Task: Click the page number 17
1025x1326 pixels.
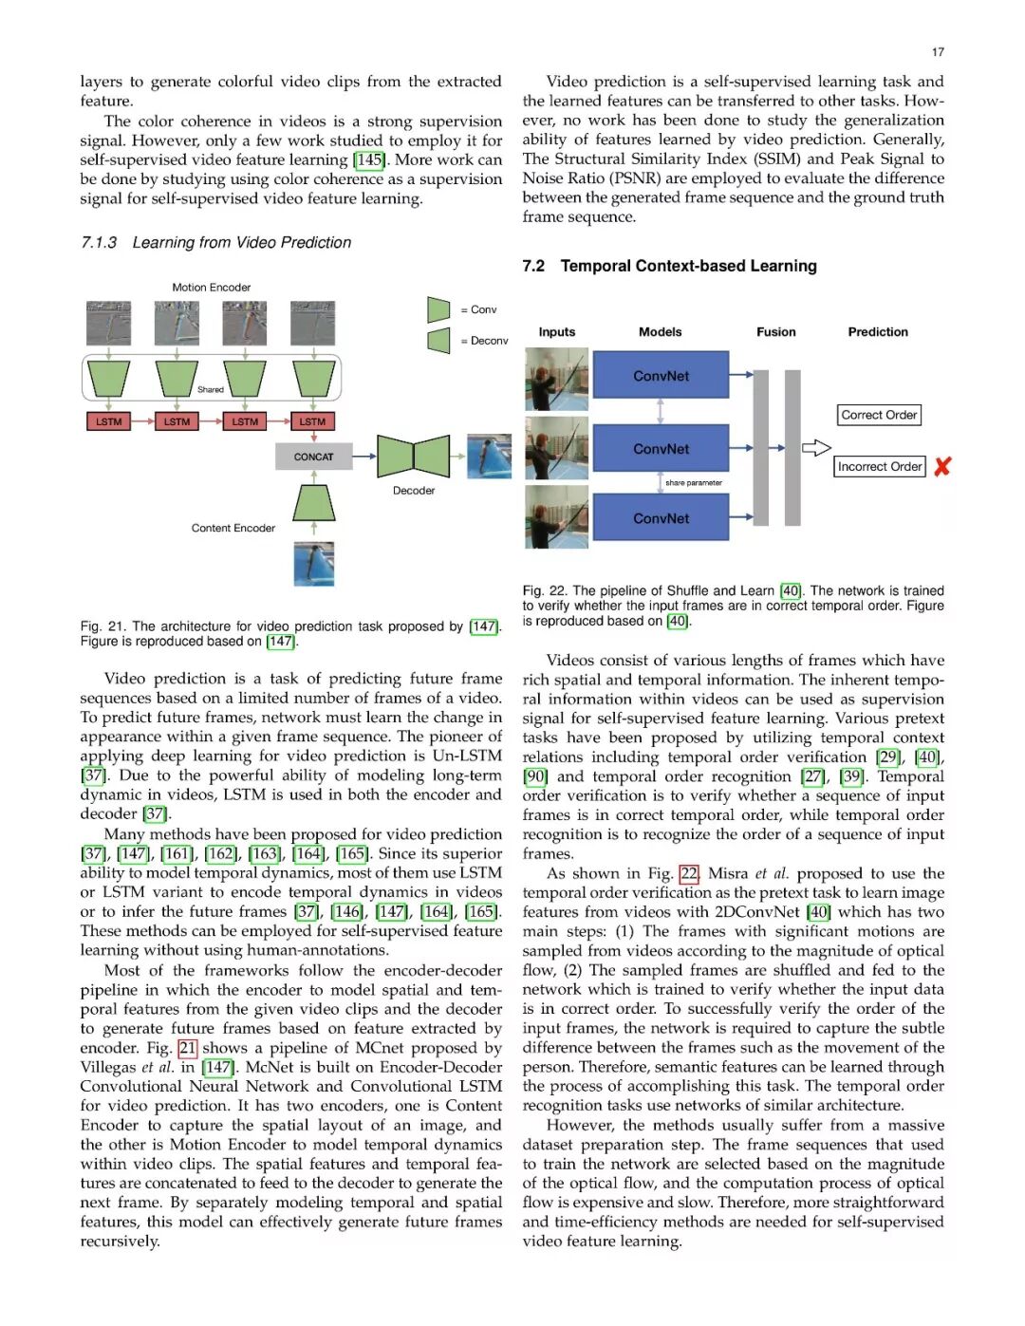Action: click(938, 52)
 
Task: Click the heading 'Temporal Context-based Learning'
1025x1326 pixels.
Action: click(688, 266)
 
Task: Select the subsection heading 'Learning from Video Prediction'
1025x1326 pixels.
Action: click(241, 243)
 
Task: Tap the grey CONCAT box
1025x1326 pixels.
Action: click(313, 457)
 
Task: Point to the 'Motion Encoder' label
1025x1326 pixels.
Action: click(211, 288)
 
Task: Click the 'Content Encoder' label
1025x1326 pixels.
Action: click(233, 529)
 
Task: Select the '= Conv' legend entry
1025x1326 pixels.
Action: click(478, 309)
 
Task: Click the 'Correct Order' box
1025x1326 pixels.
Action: click(879, 415)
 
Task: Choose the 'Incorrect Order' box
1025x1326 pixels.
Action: click(880, 466)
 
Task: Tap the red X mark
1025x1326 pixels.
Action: click(942, 466)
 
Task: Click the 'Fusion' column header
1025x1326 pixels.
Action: click(775, 332)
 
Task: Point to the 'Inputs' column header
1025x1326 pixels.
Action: click(556, 332)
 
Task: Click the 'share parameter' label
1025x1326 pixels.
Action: click(693, 483)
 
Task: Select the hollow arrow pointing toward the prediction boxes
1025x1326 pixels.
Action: click(816, 448)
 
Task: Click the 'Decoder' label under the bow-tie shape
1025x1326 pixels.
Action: click(414, 491)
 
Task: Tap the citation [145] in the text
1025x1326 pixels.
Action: click(369, 159)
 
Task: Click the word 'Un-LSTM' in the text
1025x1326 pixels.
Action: click(467, 756)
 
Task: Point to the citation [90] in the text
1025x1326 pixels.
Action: click(535, 776)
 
